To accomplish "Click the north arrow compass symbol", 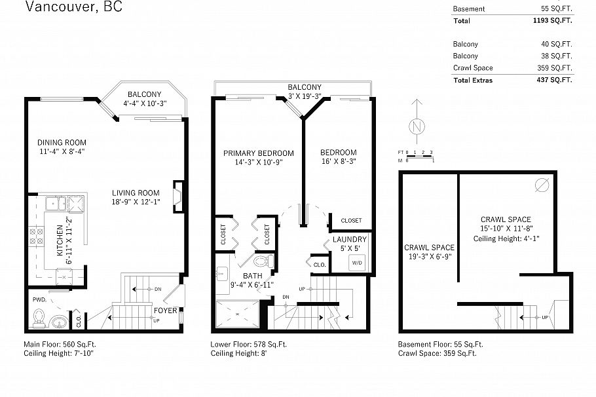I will tap(415, 125).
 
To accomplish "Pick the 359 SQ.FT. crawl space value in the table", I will tap(557, 67).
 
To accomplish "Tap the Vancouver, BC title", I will tap(73, 8).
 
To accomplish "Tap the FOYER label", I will tap(165, 310).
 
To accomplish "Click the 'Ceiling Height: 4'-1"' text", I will tap(505, 239).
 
